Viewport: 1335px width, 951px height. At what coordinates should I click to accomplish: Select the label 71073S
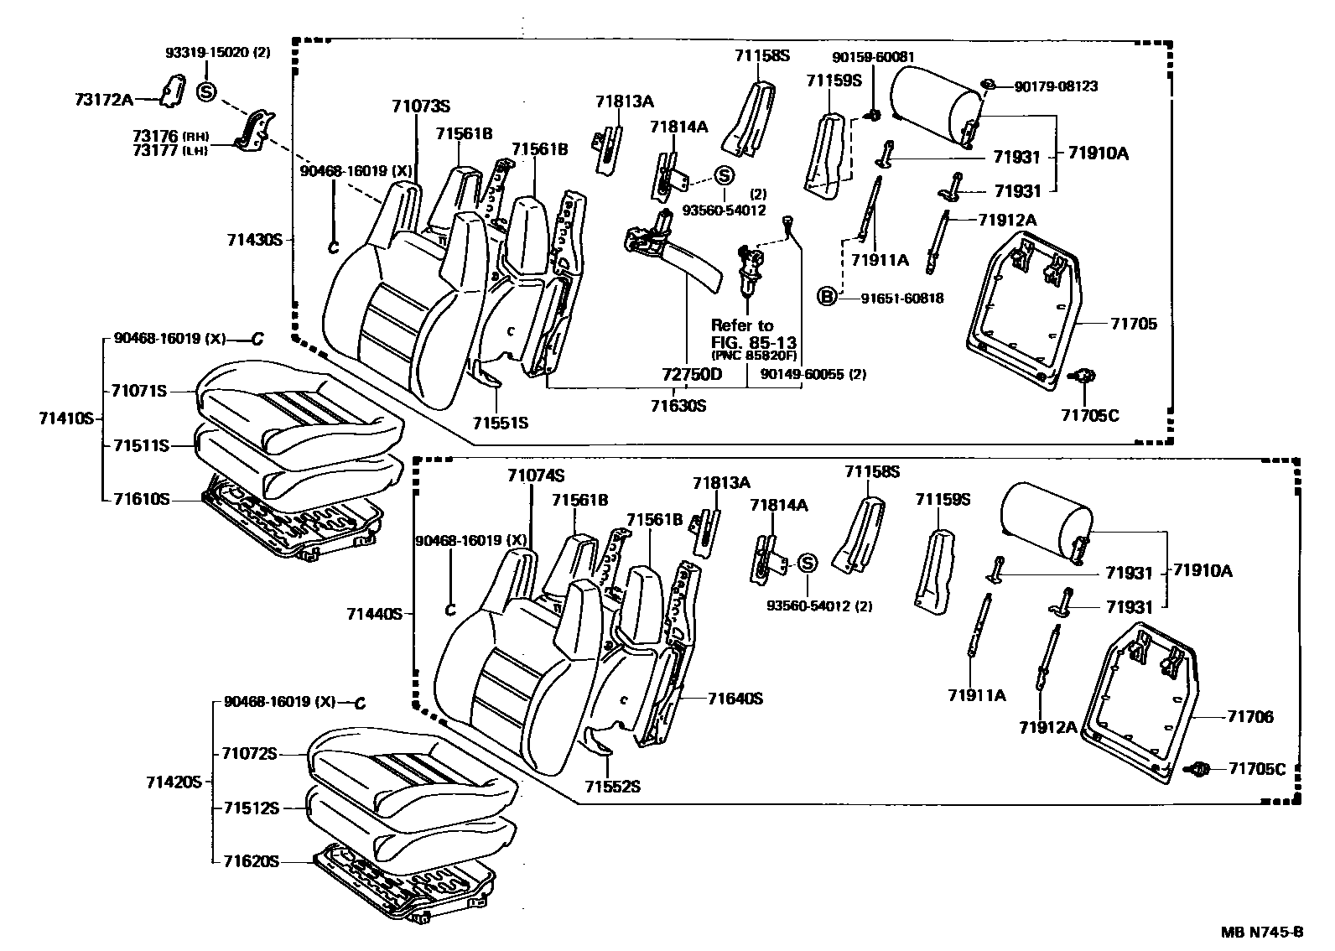[420, 107]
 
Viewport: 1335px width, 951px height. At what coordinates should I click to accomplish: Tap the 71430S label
[254, 240]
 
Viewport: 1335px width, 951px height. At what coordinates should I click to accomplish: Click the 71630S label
[678, 406]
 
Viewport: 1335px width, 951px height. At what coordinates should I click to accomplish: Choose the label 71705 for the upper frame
[1134, 323]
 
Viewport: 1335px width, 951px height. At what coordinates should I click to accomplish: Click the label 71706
[1249, 716]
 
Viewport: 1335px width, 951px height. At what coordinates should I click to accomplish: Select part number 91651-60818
[901, 298]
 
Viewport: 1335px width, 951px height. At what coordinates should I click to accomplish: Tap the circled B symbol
[828, 296]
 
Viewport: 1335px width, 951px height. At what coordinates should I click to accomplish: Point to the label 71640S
[735, 698]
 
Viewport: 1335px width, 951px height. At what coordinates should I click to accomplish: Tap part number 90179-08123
[1056, 86]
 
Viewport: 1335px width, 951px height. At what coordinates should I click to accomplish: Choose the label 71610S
[142, 499]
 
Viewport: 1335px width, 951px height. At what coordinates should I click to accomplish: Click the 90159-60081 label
[873, 57]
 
